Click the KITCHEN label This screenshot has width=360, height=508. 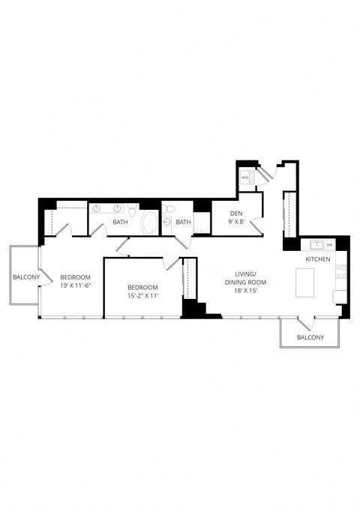pyautogui.click(x=317, y=258)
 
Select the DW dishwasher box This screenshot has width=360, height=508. pyautogui.click(x=330, y=244)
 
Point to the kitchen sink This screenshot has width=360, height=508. pyautogui.click(x=316, y=244)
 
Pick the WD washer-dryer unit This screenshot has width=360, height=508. pyautogui.click(x=245, y=178)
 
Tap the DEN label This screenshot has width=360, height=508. pyautogui.click(x=235, y=213)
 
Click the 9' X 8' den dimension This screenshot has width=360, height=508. pyautogui.click(x=235, y=222)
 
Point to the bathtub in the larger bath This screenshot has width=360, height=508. pyautogui.click(x=148, y=223)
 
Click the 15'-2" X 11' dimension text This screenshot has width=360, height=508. pyautogui.click(x=142, y=296)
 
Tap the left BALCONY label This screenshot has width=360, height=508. pyautogui.click(x=25, y=277)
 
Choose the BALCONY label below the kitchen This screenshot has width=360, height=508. pyautogui.click(x=310, y=338)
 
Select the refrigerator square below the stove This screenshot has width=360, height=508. pyautogui.click(x=340, y=296)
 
